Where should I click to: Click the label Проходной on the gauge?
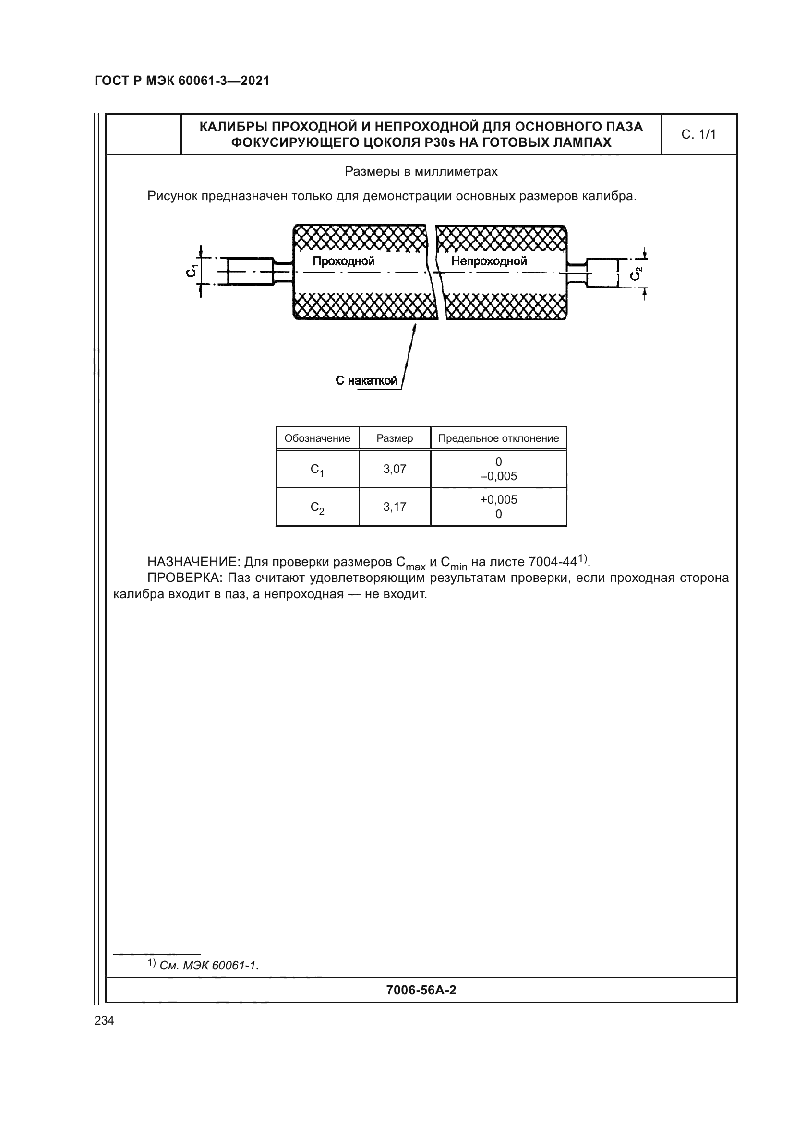(343, 261)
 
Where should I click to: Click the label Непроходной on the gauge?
(489, 261)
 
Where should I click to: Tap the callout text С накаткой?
(366, 381)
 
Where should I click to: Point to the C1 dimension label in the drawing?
(192, 270)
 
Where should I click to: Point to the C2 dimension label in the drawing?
(635, 274)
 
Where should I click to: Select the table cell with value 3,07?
(395, 469)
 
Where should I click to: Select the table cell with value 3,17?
(395, 507)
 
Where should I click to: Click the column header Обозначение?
(317, 438)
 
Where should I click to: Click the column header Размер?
(395, 438)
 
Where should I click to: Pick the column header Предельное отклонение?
(498, 438)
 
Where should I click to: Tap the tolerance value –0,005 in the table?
(498, 476)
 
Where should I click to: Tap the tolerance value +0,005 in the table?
(498, 499)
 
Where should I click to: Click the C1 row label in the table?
(317, 470)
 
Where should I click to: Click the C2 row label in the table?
(317, 508)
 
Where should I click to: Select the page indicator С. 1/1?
(698, 134)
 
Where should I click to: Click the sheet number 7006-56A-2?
(421, 990)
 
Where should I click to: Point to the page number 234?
(104, 1020)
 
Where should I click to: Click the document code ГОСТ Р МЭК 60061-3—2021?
(182, 81)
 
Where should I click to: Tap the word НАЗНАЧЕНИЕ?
(193, 562)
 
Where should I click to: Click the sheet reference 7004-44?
(553, 562)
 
